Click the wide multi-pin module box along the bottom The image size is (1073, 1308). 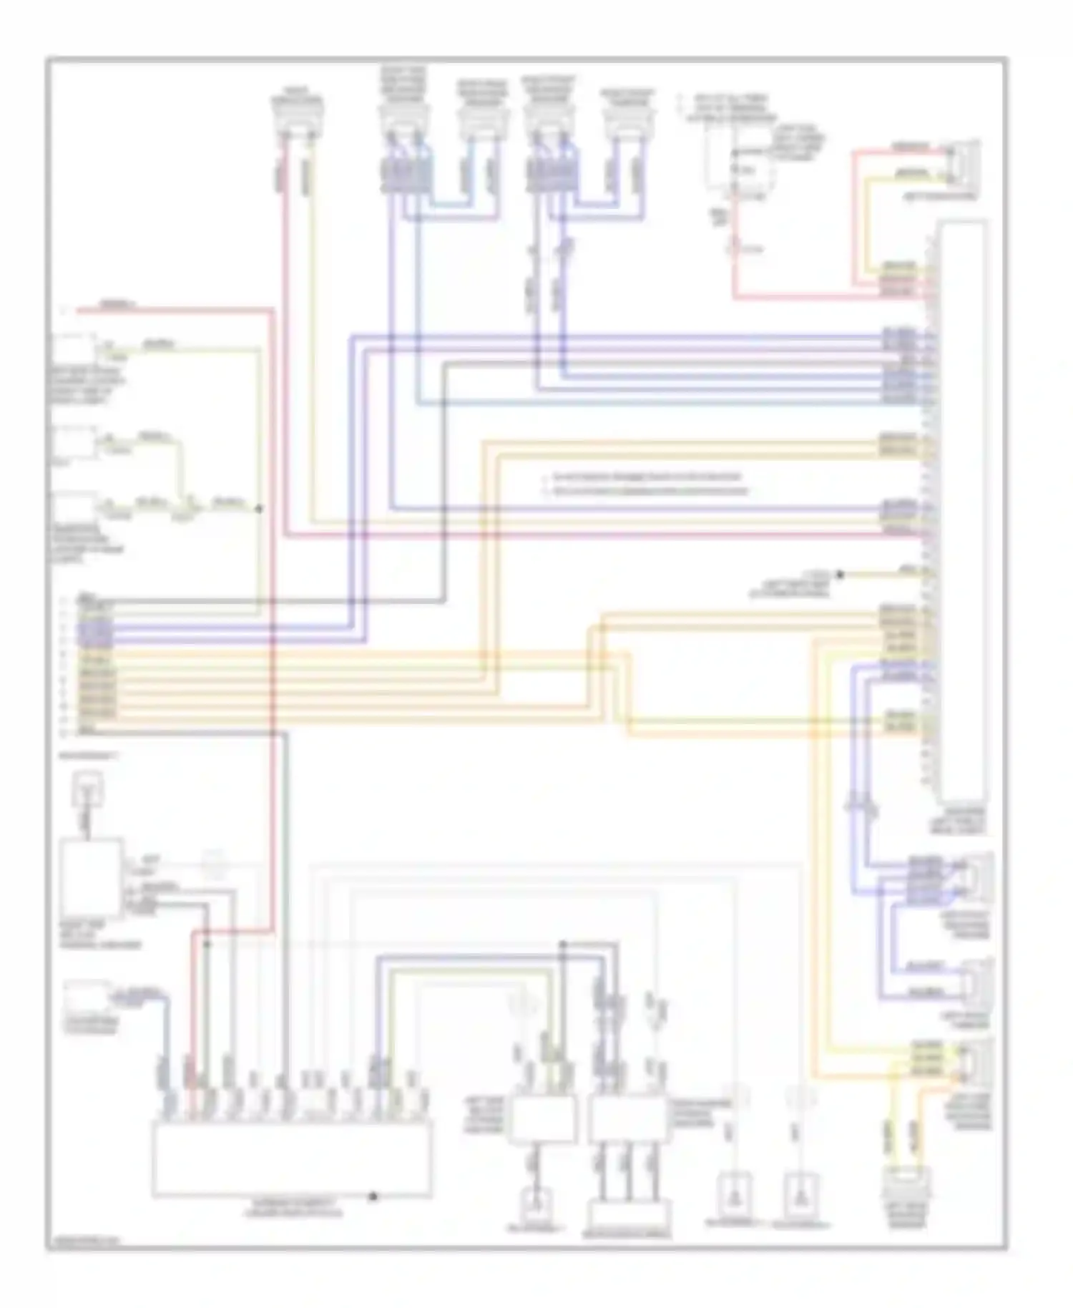coord(291,1158)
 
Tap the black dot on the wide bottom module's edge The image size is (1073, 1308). coord(373,1196)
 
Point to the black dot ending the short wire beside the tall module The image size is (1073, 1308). coord(840,574)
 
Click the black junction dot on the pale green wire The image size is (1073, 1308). coord(259,509)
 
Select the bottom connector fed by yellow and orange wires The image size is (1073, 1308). coord(907,1185)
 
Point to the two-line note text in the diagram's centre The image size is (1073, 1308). coord(647,484)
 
